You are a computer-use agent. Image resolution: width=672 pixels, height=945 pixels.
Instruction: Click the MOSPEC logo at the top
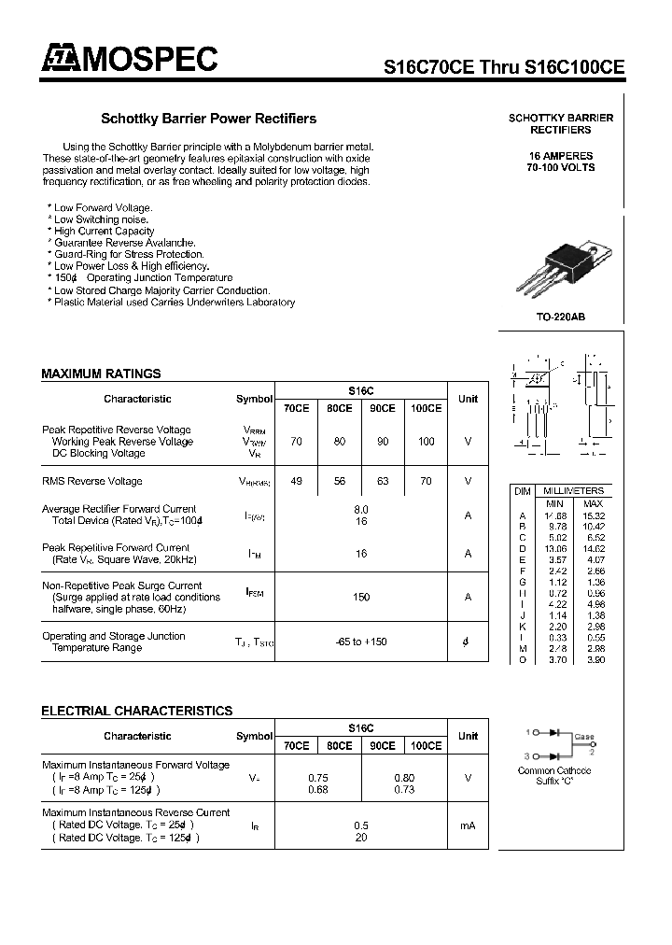[x=129, y=60]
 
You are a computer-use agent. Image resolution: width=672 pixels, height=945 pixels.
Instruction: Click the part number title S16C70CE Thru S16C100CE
[x=505, y=67]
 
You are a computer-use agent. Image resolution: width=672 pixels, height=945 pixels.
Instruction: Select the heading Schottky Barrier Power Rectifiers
[x=208, y=119]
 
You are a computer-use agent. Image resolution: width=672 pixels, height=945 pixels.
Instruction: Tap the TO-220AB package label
[x=561, y=317]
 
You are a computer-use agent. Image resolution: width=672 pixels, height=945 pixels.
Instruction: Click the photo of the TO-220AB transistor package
[x=566, y=267]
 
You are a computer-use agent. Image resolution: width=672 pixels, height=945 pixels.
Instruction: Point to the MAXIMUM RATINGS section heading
[x=101, y=374]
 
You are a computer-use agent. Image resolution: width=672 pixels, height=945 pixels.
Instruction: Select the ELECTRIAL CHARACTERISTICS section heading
[x=136, y=711]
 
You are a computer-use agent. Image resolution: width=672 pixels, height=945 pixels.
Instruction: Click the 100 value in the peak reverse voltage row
[x=426, y=442]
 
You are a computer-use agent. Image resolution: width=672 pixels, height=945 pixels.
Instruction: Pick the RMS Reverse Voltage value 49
[x=296, y=482]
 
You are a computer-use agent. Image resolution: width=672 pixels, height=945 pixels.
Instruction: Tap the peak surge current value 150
[x=361, y=597]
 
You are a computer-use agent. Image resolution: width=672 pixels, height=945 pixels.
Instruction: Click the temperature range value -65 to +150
[x=361, y=642]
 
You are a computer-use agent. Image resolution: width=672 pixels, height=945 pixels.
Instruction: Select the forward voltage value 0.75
[x=317, y=778]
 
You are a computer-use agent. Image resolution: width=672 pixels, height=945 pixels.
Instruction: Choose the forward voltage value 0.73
[x=404, y=790]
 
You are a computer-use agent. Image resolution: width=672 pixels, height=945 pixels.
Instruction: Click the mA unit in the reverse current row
[x=468, y=825]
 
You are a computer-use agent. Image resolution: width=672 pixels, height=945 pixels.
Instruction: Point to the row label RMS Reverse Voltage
[x=92, y=482]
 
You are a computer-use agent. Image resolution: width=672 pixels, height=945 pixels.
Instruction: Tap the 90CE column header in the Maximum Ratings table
[x=383, y=409]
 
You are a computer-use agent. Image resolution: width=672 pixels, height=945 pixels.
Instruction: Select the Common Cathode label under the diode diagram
[x=554, y=770]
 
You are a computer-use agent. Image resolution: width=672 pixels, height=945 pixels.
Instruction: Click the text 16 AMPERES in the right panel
[x=561, y=155]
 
